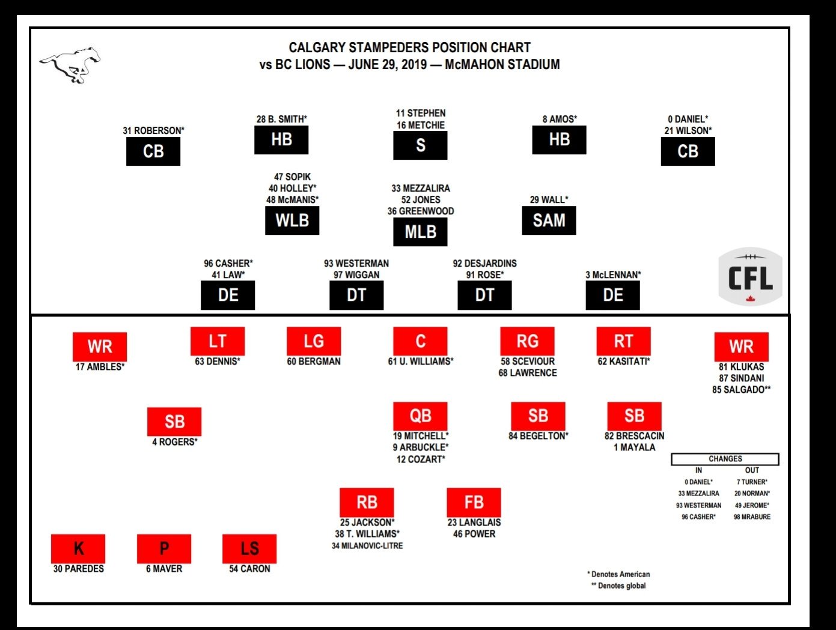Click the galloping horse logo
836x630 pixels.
coord(70,63)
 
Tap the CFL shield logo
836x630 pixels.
coord(750,277)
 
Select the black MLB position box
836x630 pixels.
coord(420,232)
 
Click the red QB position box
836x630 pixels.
coord(420,416)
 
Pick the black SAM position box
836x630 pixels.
coord(549,220)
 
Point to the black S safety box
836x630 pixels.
coord(420,145)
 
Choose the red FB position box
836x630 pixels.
coord(474,502)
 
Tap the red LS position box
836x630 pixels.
coord(249,548)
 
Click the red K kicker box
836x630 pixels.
coord(78,548)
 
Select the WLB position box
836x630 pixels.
coord(292,220)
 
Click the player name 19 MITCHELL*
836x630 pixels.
coord(421,436)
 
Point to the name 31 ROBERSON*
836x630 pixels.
coord(153,131)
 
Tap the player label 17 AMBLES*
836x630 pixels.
coord(100,367)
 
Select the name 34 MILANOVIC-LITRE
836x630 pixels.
coord(367,546)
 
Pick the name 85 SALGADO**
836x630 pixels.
coord(741,390)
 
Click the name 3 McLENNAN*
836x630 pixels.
coord(613,275)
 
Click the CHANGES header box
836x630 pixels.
coord(725,459)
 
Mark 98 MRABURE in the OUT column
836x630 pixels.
coord(752,517)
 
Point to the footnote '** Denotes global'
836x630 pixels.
coord(618,586)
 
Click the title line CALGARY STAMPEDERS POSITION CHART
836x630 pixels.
coord(409,47)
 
